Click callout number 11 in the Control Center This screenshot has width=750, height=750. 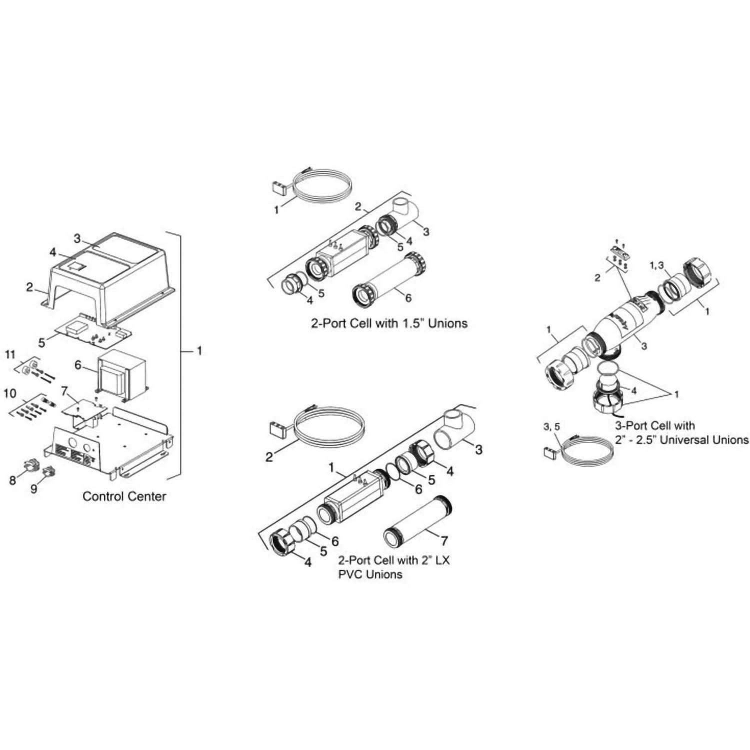point(10,355)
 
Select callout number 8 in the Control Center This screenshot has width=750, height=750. point(12,480)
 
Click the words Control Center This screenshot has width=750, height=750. point(124,496)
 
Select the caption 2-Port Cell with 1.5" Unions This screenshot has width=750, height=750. point(389,323)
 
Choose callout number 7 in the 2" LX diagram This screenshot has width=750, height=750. point(444,540)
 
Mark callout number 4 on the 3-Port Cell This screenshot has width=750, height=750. point(634,390)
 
